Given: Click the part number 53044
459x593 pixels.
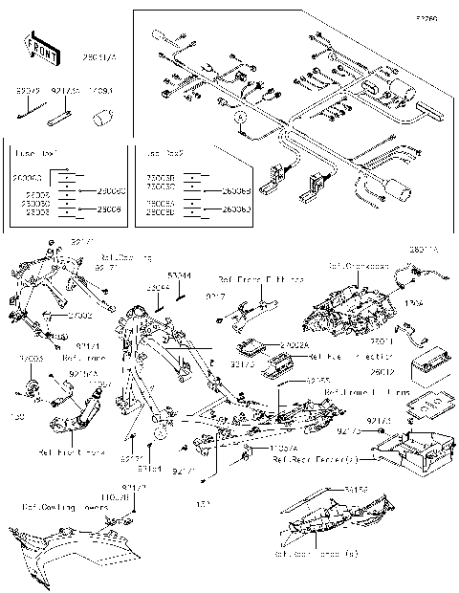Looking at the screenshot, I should click(179, 275).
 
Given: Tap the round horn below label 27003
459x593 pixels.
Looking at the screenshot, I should click(32, 388).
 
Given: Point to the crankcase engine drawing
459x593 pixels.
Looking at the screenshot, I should click(344, 306).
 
